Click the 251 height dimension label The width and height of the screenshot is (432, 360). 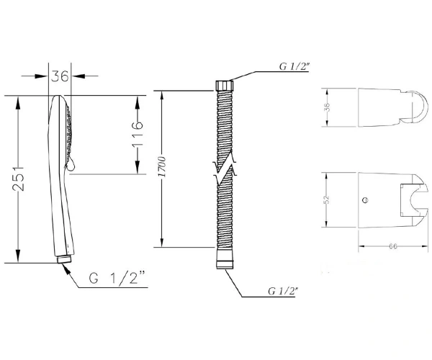tap(19, 179)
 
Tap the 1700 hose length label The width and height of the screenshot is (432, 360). tap(163, 167)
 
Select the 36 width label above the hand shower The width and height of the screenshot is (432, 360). tap(60, 76)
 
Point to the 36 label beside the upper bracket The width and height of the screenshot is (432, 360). tap(328, 107)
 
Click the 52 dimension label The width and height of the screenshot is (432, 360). tap(326, 199)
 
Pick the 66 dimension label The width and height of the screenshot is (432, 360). tap(393, 246)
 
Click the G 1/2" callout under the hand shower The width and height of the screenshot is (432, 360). tap(117, 278)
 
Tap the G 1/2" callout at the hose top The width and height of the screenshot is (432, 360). tap(294, 66)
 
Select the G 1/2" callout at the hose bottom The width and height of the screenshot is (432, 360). tap(284, 291)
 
